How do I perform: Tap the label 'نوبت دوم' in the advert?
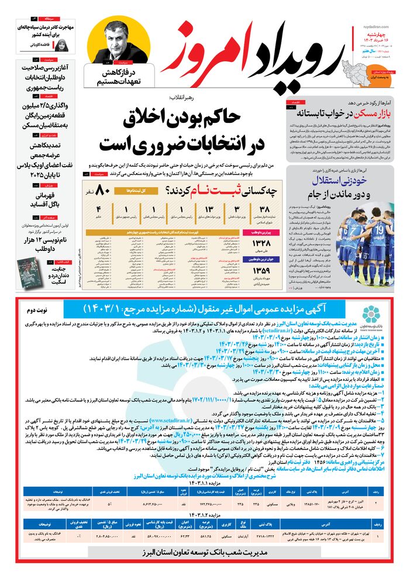pos(41,308)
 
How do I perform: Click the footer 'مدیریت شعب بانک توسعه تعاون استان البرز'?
pos(206,552)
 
